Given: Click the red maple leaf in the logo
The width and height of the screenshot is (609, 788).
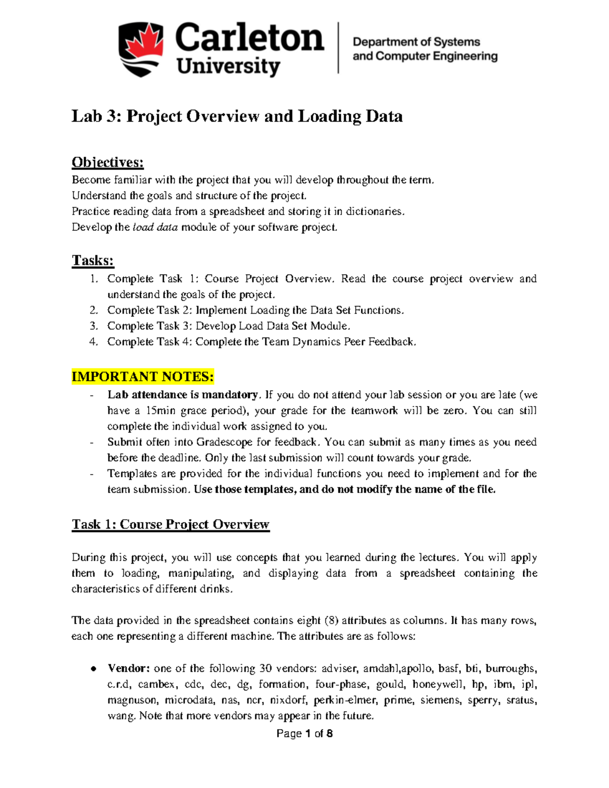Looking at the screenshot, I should pyautogui.click(x=141, y=42).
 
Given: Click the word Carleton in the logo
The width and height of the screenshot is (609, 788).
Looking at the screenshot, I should pyautogui.click(x=249, y=38).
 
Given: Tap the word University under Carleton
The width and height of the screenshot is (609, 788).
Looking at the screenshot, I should pyautogui.click(x=228, y=66).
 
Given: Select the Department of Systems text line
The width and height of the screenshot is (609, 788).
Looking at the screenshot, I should pyautogui.click(x=416, y=42).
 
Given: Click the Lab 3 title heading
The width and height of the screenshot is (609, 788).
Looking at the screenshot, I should pyautogui.click(x=237, y=116).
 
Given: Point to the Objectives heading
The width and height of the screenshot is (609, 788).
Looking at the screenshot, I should pyautogui.click(x=108, y=162).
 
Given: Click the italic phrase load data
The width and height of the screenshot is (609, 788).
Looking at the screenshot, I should pyautogui.click(x=155, y=227).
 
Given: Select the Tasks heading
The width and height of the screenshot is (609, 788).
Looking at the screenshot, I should pyautogui.click(x=93, y=260).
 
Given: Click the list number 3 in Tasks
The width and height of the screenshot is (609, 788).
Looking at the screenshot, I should pyautogui.click(x=93, y=326).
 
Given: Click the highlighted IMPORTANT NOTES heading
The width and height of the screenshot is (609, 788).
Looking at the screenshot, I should pyautogui.click(x=143, y=376).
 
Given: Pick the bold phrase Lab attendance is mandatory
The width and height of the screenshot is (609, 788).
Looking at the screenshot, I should pyautogui.click(x=183, y=395).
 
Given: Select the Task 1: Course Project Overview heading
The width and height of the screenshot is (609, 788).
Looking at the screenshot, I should pyautogui.click(x=171, y=524).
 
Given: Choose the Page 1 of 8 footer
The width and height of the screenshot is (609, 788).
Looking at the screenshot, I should pyautogui.click(x=304, y=733).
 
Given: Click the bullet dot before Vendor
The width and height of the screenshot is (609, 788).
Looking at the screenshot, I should pyautogui.click(x=93, y=669).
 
